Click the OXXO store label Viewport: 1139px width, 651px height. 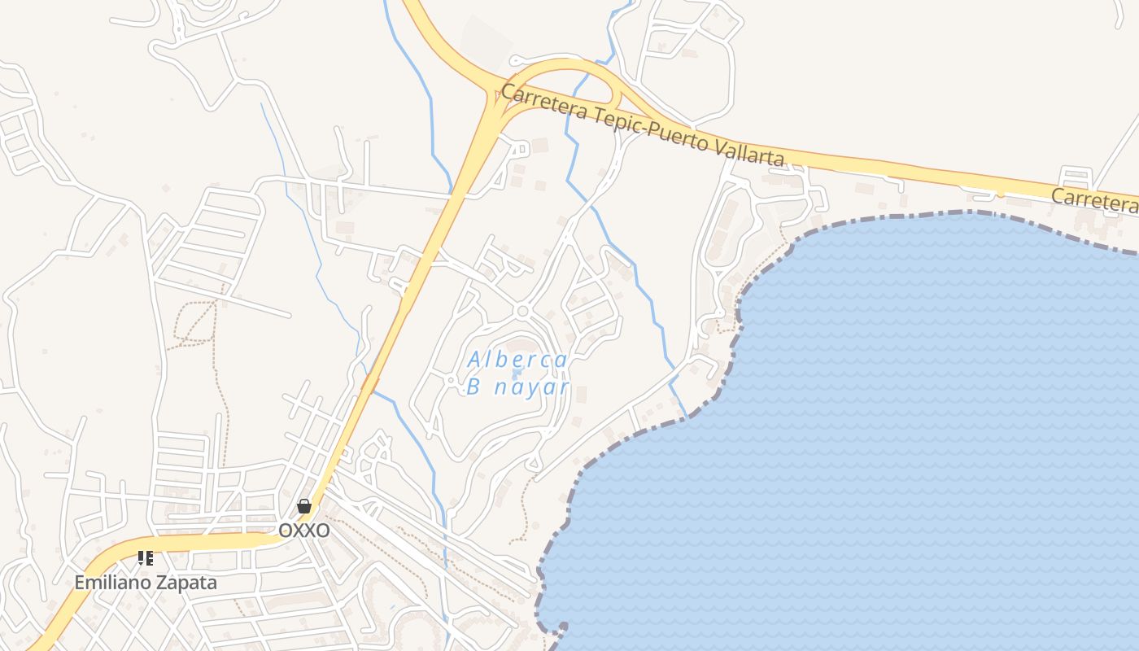tap(304, 531)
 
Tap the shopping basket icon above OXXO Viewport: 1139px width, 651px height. tap(304, 506)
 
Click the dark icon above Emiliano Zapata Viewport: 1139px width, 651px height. tap(145, 558)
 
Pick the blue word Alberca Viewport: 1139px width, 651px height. tap(517, 360)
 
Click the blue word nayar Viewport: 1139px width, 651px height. tap(532, 387)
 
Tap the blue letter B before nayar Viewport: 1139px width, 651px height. tap(473, 387)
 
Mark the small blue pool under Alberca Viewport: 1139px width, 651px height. tap(517, 374)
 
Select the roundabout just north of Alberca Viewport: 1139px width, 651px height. tap(522, 311)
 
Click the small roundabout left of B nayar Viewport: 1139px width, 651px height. tap(450, 380)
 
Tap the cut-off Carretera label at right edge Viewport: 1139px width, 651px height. tap(1094, 200)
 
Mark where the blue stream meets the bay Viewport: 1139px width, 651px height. tap(686, 417)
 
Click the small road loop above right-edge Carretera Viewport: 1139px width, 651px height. tap(1076, 177)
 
